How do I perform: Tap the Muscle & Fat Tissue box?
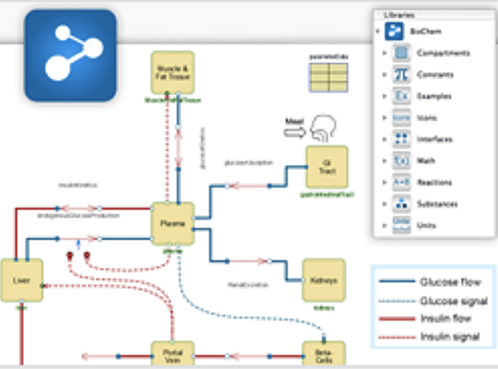coord(172,72)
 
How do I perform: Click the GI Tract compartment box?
coord(326,167)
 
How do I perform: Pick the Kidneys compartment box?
coord(323,280)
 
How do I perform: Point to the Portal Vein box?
coord(172,354)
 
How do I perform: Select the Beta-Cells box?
coord(323,354)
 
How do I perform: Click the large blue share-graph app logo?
coord(70,56)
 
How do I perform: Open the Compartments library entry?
coord(442,53)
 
